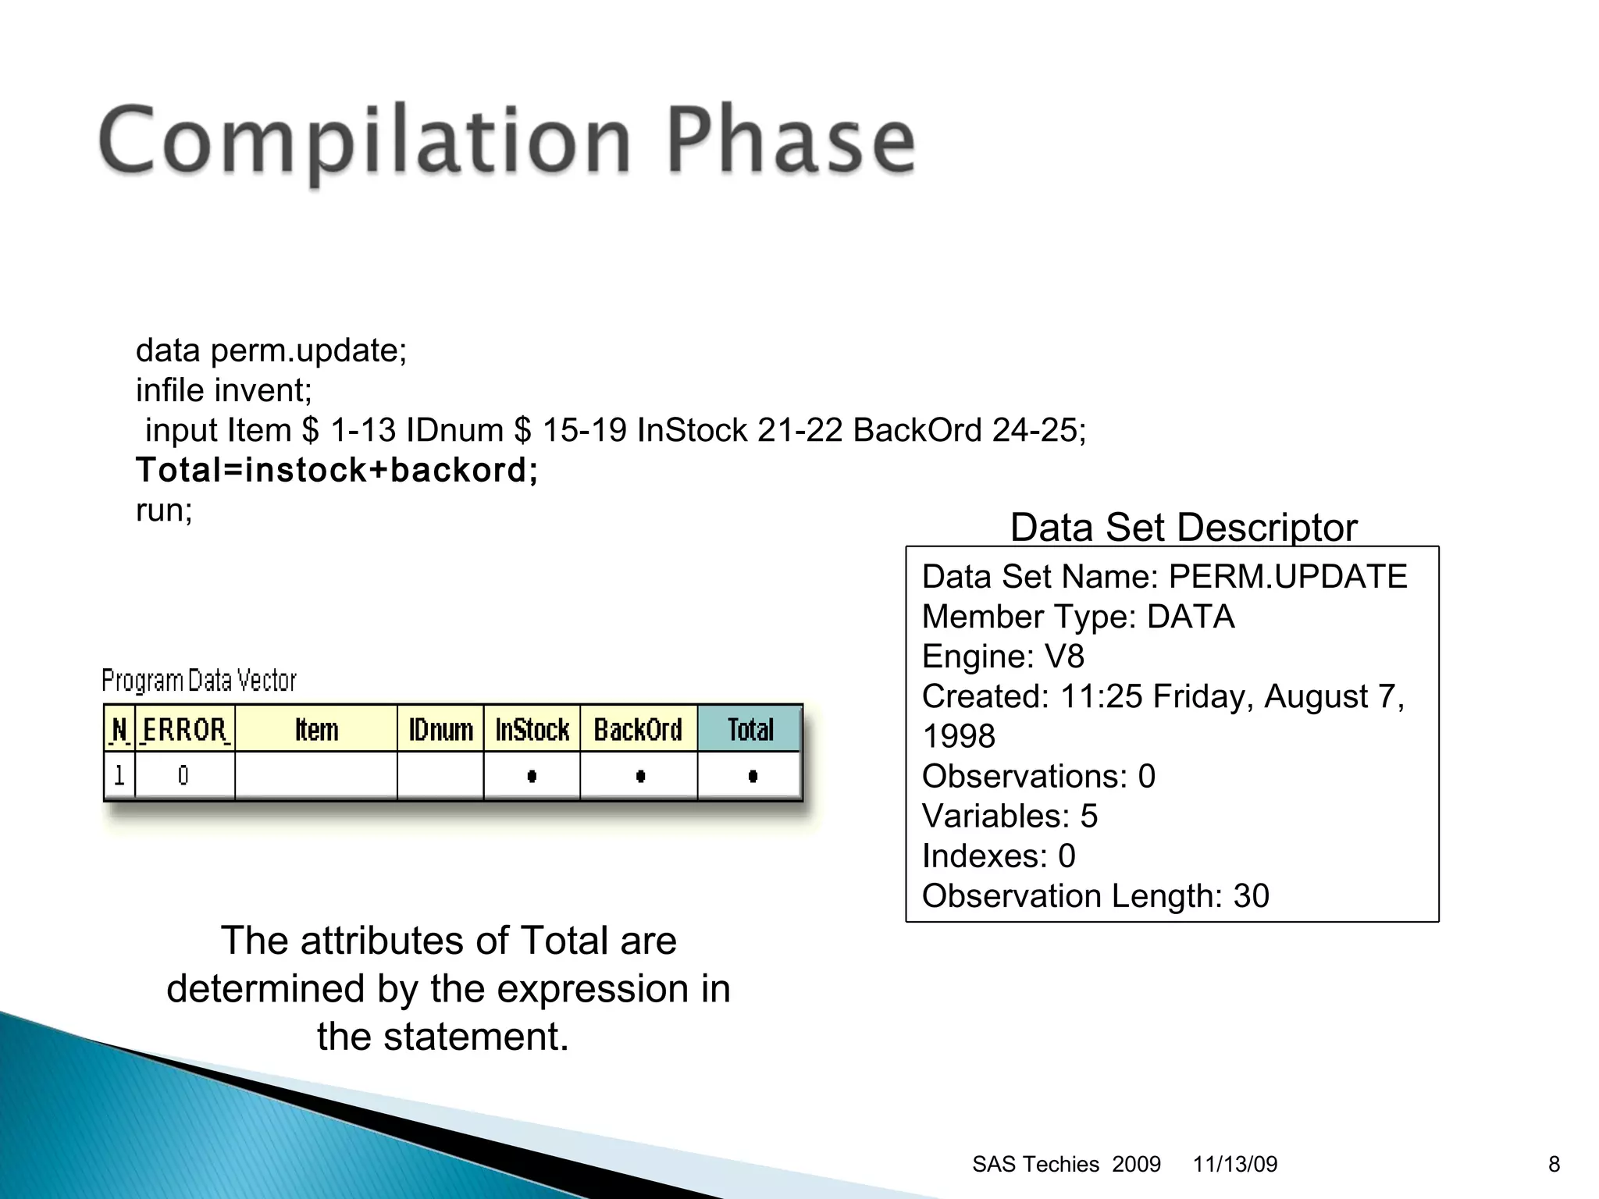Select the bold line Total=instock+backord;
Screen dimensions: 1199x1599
point(337,470)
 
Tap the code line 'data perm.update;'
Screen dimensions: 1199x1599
point(271,350)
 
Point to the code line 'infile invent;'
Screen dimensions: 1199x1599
point(223,390)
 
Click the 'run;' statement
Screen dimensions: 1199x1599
point(164,511)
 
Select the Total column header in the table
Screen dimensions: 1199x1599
point(750,730)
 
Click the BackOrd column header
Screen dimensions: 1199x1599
point(638,730)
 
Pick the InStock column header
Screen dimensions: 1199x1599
point(532,730)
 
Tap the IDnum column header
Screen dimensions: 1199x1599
point(440,730)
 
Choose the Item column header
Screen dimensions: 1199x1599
point(316,730)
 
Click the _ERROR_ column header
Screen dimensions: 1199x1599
point(185,730)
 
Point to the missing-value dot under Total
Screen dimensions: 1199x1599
point(752,776)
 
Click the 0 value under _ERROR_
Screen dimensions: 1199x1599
point(183,776)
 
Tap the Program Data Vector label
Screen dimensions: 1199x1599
point(199,681)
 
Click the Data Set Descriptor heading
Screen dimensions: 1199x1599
point(1183,527)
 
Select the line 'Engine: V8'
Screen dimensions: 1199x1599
point(1002,656)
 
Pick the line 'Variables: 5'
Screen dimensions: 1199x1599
point(1009,817)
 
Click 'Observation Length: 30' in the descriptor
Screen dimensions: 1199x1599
point(1095,896)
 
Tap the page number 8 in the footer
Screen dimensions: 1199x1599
point(1554,1165)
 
